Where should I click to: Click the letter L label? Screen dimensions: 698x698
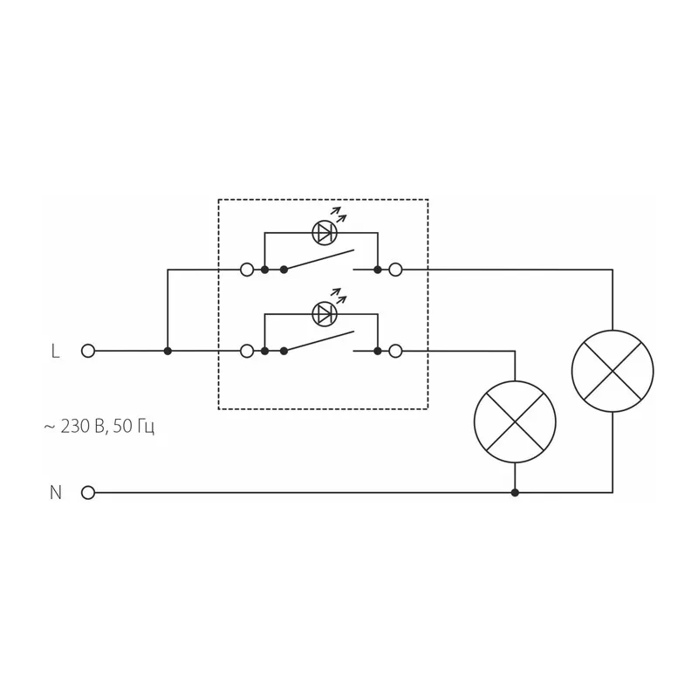(55, 351)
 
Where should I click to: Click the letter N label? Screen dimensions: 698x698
(56, 493)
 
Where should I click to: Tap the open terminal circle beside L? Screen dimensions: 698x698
(88, 351)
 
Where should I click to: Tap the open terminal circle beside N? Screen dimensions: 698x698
(88, 493)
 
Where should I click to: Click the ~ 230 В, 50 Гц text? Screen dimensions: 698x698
(99, 427)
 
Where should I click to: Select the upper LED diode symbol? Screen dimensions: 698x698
(325, 232)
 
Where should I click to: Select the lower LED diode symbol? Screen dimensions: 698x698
(325, 314)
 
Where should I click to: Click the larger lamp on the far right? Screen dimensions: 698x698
(612, 371)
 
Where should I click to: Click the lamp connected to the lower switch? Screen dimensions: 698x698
(515, 422)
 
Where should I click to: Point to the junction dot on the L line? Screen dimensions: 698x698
(168, 351)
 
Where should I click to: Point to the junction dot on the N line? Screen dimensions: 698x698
(515, 493)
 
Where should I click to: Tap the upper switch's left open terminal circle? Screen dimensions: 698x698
(247, 270)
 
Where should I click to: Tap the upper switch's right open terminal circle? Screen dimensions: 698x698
(395, 270)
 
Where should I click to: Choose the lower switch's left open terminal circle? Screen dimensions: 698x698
(247, 351)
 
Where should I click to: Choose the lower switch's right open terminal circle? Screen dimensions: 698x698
(395, 351)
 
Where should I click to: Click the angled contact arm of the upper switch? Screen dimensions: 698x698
(319, 260)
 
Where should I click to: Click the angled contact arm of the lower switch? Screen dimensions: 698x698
(319, 341)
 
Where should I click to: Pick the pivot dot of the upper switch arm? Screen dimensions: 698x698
(284, 270)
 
